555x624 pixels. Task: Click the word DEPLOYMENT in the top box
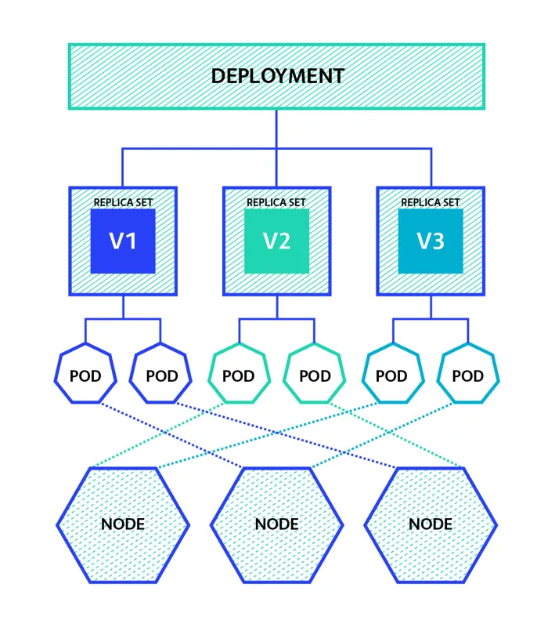[x=277, y=76]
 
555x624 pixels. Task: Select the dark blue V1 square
[x=123, y=241]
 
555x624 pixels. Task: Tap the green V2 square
[x=276, y=241]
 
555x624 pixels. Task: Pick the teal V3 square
[x=431, y=241]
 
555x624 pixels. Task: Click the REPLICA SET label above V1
[x=123, y=202]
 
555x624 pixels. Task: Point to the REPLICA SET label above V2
[x=276, y=202]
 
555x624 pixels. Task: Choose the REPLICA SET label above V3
[x=431, y=202]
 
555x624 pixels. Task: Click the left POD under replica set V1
[x=85, y=375]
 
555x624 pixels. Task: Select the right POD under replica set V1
[x=162, y=375]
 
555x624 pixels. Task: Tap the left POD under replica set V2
[x=239, y=375]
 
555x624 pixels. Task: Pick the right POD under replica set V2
[x=315, y=375]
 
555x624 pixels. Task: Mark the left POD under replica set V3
[x=391, y=375]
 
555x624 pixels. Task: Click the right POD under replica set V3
[x=468, y=375]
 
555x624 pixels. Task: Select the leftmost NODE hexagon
[x=123, y=524]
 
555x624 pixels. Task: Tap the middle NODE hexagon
[x=276, y=524]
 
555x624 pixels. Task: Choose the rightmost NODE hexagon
[x=431, y=524]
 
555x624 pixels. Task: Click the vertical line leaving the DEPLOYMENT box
[x=276, y=128]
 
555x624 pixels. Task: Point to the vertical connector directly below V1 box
[x=123, y=307]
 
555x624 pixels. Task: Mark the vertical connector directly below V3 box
[x=431, y=307]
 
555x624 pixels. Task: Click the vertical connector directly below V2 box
[x=276, y=307]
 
